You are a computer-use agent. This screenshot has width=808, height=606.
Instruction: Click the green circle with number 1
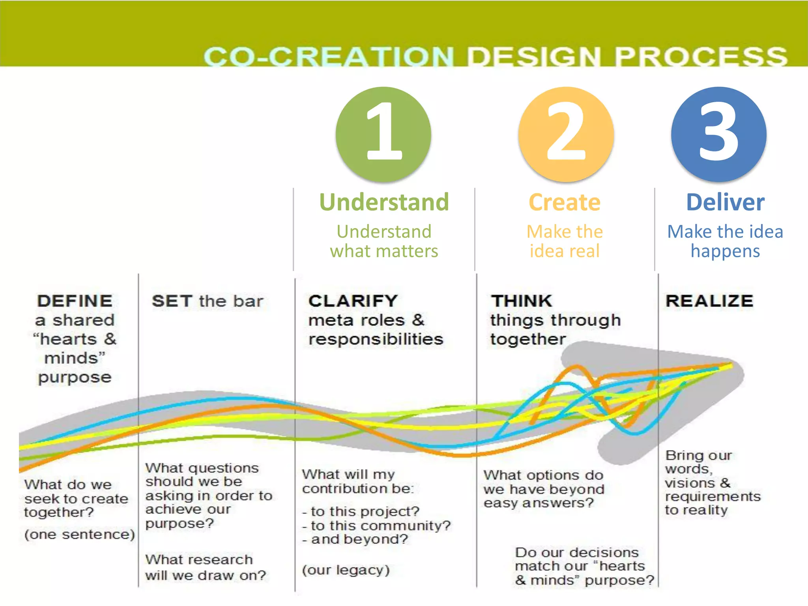383,134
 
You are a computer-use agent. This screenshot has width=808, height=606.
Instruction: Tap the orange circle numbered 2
566,134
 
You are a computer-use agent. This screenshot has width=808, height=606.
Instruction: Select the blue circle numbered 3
719,134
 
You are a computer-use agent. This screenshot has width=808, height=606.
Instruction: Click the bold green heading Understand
384,202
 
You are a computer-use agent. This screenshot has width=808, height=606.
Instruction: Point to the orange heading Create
565,202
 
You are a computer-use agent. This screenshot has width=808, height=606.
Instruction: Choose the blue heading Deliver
725,202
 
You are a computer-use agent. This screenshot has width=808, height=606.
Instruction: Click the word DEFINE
75,301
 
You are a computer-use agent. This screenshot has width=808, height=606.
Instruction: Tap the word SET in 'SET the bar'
172,301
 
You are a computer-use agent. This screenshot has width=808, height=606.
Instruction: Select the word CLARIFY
353,301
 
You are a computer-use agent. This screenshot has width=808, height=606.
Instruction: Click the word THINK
522,301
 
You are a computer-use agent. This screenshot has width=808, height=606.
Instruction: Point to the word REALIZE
709,301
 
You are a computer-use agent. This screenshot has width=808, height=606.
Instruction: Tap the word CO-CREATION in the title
329,56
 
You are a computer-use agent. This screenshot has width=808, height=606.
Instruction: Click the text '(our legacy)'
346,570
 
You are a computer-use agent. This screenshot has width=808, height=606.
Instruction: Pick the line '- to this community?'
377,526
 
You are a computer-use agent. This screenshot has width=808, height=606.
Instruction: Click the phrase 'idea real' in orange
565,251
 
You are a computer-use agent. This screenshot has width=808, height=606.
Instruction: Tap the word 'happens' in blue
725,251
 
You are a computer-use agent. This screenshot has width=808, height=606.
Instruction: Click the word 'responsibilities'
376,339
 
